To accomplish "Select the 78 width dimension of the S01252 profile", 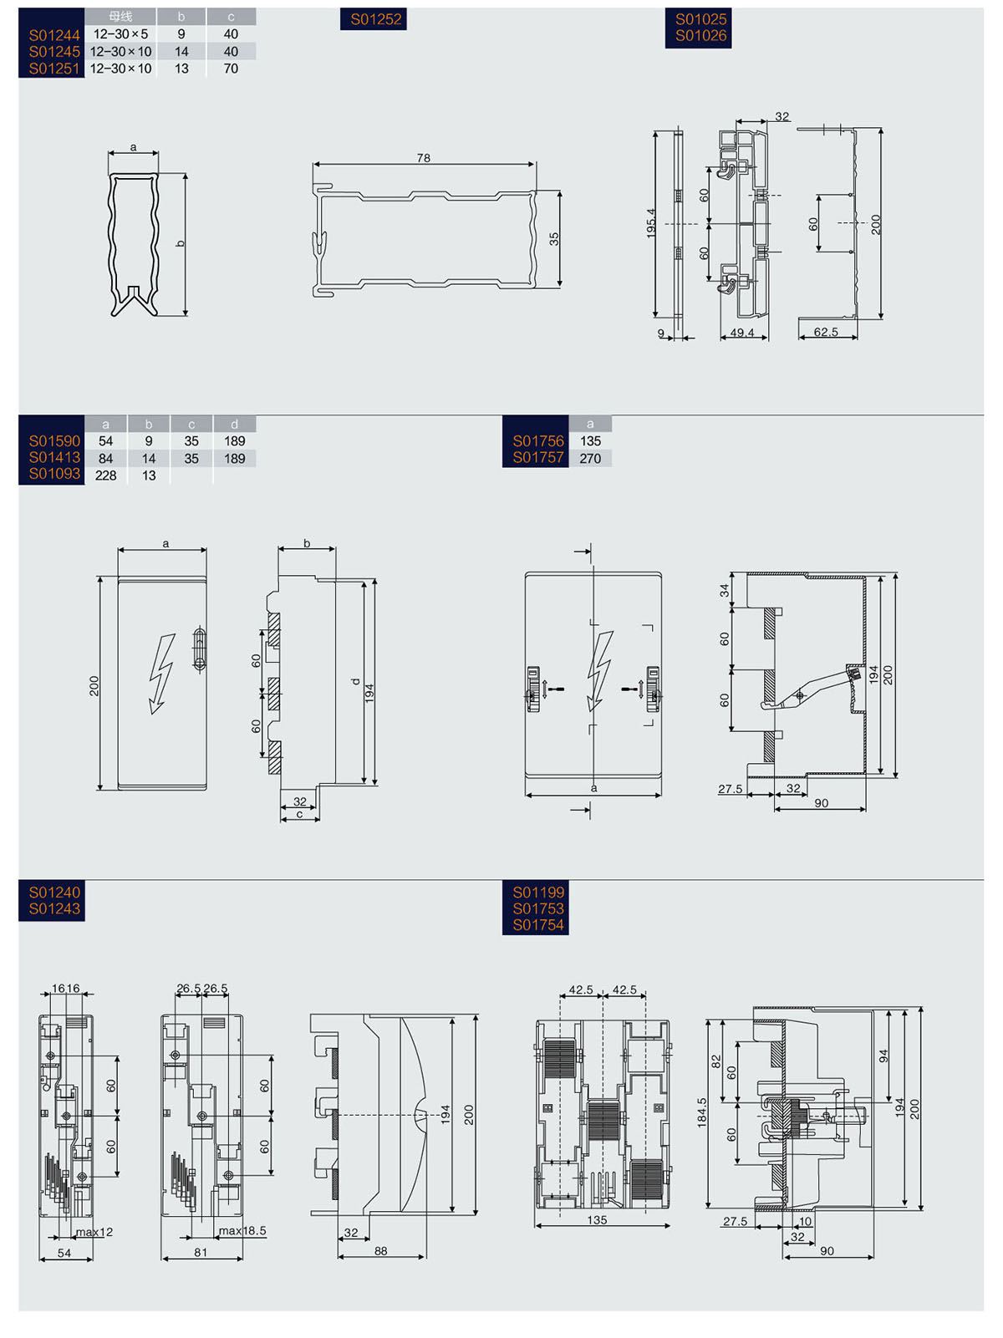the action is coord(424,158).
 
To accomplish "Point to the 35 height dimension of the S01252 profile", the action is coord(554,239).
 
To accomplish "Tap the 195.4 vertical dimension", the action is coord(651,223).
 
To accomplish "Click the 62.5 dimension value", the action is coord(826,332).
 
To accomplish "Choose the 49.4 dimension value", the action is coord(742,333).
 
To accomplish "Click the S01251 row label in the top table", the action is coord(54,69).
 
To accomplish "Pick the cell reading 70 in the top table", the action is coord(231,69).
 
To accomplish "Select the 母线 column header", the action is coord(120,17).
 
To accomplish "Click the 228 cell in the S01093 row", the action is coord(105,476).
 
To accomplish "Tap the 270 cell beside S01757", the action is coord(590,458).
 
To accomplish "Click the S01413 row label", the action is coord(54,457).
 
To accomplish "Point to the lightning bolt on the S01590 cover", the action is coord(161,673).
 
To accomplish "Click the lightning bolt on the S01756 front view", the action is coord(599,671).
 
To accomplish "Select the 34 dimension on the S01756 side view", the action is coord(724,590).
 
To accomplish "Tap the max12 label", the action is coord(94,1232).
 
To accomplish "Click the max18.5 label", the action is coord(242,1231).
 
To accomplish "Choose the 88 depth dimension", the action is coord(381,1251).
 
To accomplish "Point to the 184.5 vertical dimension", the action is coord(702,1112).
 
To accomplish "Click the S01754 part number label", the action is coord(538,925).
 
